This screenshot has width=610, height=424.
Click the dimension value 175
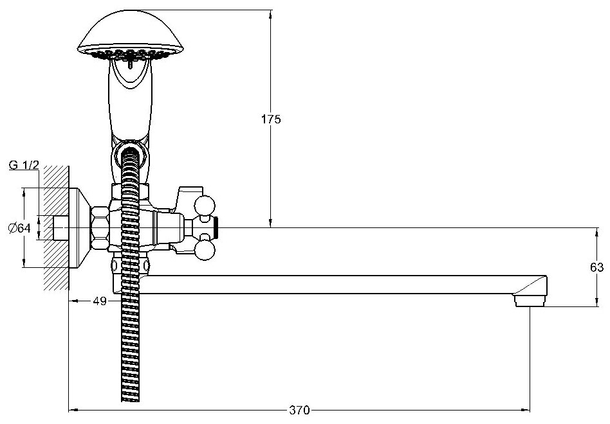[270, 119]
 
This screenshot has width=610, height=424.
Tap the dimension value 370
[300, 409]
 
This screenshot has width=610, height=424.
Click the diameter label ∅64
[20, 227]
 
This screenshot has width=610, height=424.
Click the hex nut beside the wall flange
[100, 227]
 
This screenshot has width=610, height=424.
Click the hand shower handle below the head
[129, 103]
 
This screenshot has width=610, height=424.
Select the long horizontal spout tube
[335, 285]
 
